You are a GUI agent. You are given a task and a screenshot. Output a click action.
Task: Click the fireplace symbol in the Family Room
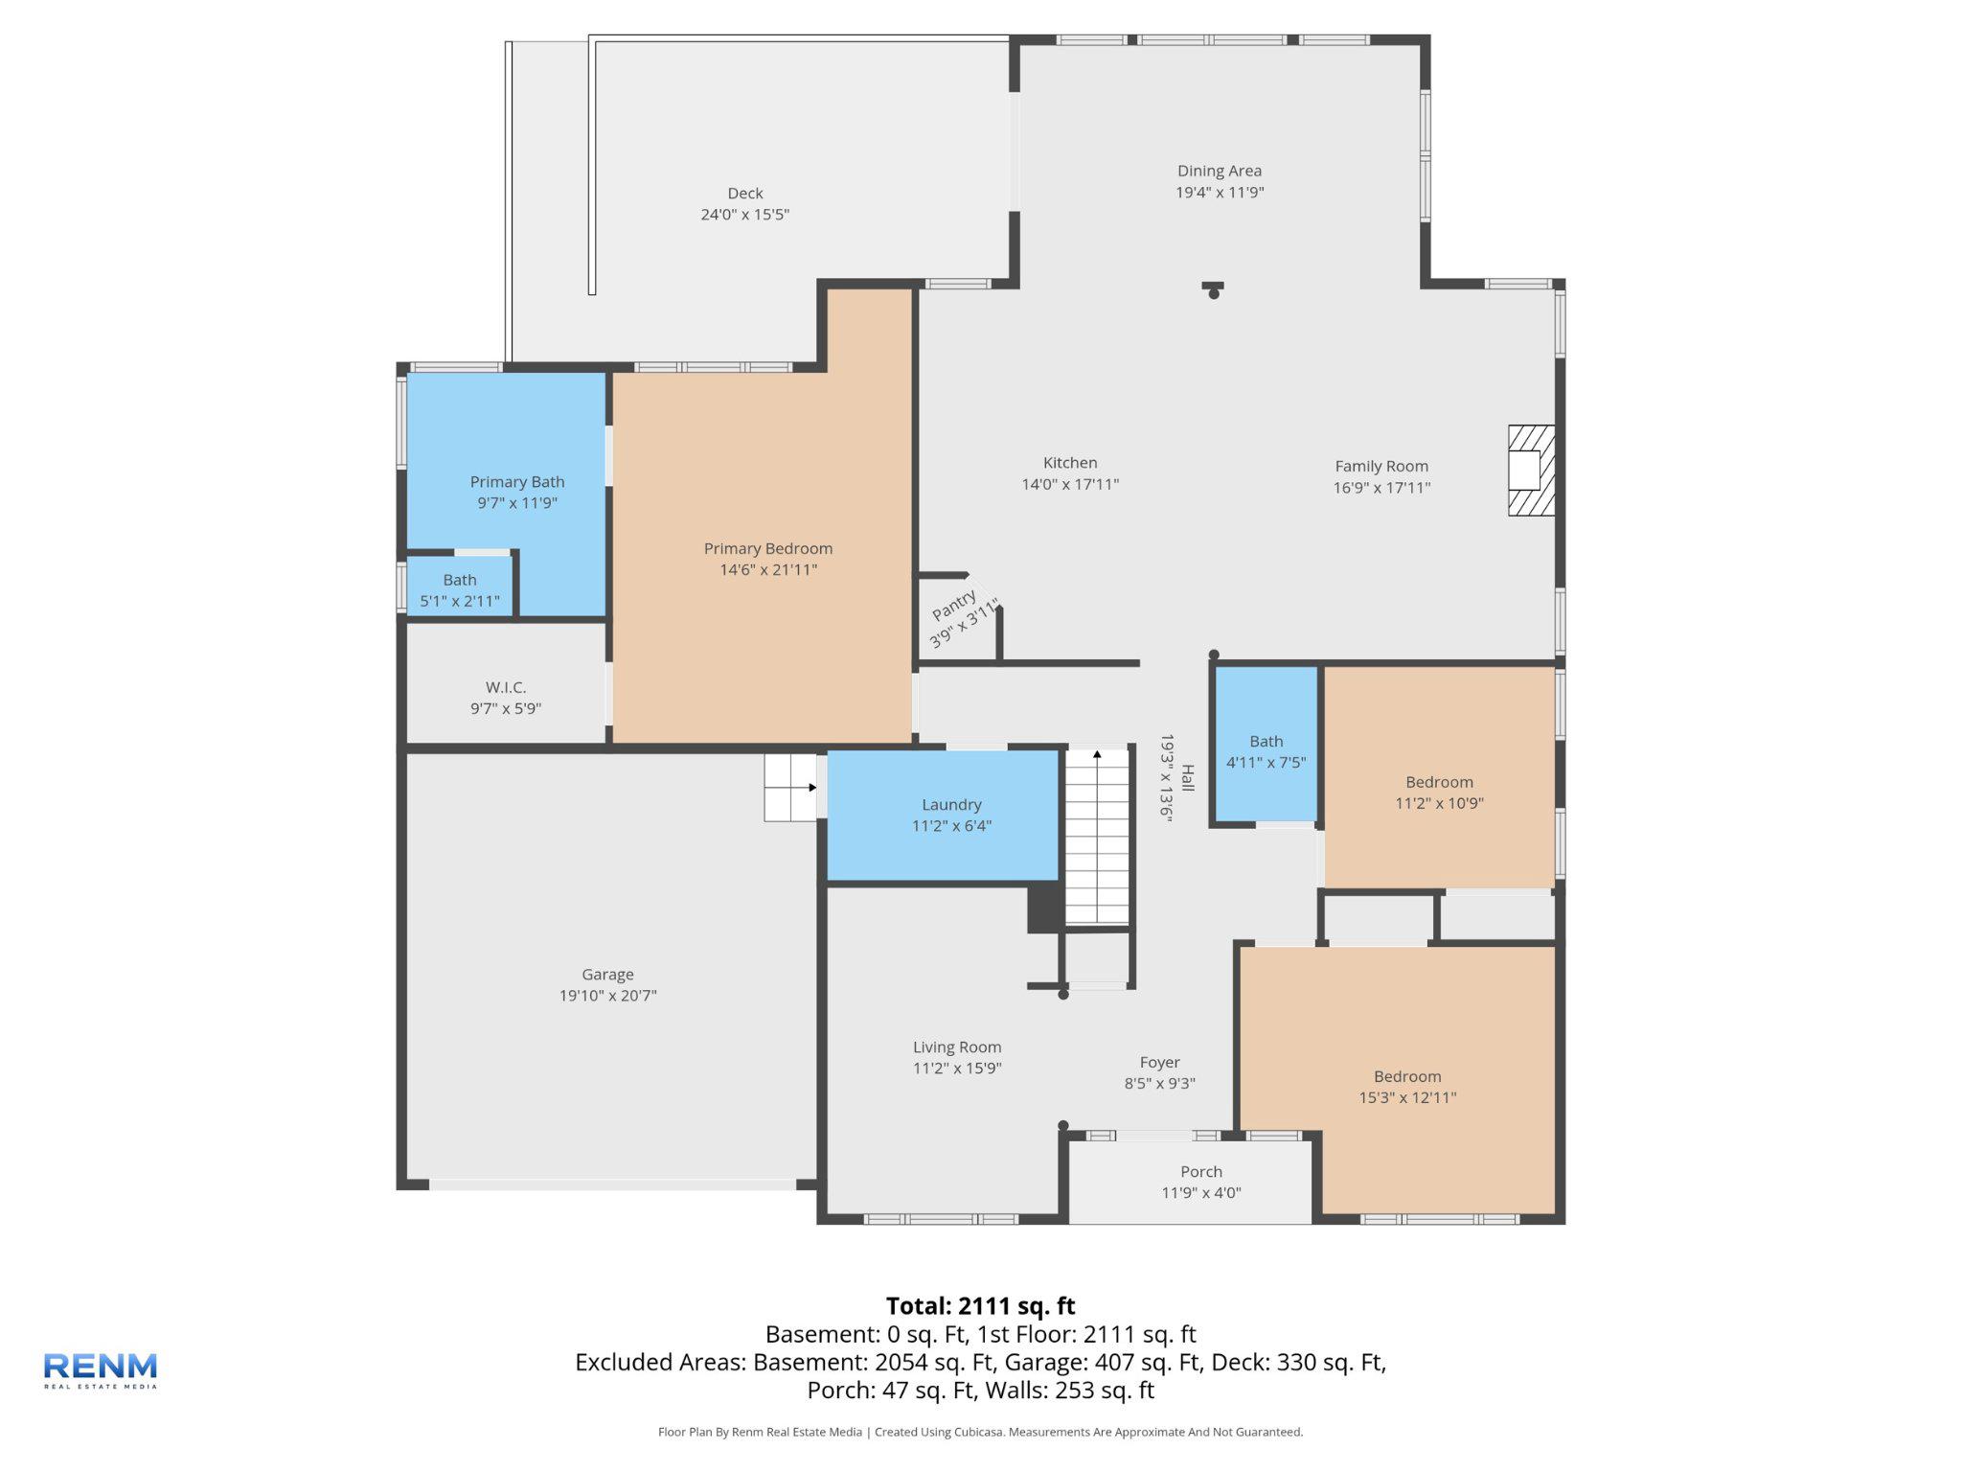pyautogui.click(x=1531, y=470)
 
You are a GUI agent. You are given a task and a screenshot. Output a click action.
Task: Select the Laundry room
pyautogui.click(x=943, y=815)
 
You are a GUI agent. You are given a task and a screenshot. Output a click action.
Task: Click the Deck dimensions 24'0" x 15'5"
pyautogui.click(x=744, y=215)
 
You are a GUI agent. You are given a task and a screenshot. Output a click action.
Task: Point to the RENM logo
pyautogui.click(x=101, y=1369)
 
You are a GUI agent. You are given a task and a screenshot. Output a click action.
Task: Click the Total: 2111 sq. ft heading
pyautogui.click(x=980, y=1306)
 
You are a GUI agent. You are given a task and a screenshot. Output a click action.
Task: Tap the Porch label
pyautogui.click(x=1200, y=1171)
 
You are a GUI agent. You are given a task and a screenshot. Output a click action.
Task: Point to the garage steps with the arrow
pyautogui.click(x=789, y=788)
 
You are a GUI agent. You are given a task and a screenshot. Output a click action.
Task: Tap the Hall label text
pyautogui.click(x=1188, y=777)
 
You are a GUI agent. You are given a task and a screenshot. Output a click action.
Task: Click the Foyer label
pyautogui.click(x=1159, y=1062)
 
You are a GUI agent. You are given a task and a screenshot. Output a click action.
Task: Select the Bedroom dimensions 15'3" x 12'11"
pyautogui.click(x=1406, y=1097)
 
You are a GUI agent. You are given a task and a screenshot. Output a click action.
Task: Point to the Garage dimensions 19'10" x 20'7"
pyautogui.click(x=607, y=996)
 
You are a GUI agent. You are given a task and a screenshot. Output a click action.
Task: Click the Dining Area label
pyautogui.click(x=1219, y=171)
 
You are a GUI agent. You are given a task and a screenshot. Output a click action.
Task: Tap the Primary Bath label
pyautogui.click(x=516, y=481)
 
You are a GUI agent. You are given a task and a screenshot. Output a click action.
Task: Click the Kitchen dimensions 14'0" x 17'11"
pyautogui.click(x=1069, y=485)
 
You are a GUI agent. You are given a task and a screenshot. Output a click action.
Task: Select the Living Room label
pyautogui.click(x=956, y=1047)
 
